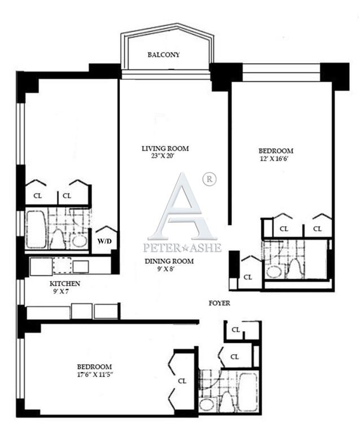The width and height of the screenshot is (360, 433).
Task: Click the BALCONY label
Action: pos(164,55)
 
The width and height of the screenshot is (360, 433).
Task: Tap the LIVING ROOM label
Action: pos(165,149)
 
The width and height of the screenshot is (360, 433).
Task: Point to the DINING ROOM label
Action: pos(169,261)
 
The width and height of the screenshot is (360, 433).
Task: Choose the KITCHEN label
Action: pos(65,284)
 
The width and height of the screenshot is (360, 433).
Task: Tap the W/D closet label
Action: pos(105,241)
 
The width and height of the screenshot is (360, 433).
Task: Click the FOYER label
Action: pos(219,303)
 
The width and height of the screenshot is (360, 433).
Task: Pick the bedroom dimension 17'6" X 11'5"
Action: pos(95,375)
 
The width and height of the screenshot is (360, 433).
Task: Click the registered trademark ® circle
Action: pos(209,179)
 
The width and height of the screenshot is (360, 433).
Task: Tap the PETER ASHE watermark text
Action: pos(182,248)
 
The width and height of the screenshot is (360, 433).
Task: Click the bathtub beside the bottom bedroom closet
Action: pos(248,392)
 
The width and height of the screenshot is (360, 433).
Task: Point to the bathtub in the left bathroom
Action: pos(36,229)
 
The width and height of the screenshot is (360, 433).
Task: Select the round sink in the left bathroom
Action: pos(80,241)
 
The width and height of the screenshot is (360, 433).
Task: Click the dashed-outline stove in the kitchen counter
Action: pos(62,266)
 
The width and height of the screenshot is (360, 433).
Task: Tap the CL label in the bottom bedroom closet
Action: pos(182,381)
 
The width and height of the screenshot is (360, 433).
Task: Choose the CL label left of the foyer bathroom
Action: pos(248,277)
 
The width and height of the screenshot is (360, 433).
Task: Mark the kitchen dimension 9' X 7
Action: pos(60,291)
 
